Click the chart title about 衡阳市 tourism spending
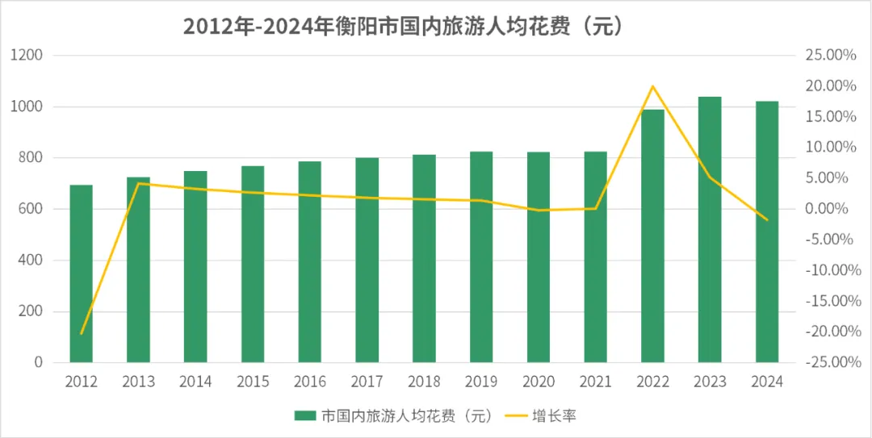pyautogui.click(x=403, y=26)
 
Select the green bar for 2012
pyautogui.click(x=81, y=274)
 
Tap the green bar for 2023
pyautogui.click(x=710, y=230)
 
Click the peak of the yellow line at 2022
pyautogui.click(x=652, y=86)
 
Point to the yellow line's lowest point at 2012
pyautogui.click(x=81, y=333)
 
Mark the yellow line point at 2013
pyautogui.click(x=138, y=183)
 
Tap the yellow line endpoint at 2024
pyautogui.click(x=767, y=219)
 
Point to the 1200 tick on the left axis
pyautogui.click(x=27, y=56)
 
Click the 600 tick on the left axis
pyautogui.click(x=30, y=210)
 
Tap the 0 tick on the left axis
pyautogui.click(x=38, y=363)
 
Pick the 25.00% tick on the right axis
pyautogui.click(x=830, y=56)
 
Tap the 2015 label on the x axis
pyautogui.click(x=253, y=382)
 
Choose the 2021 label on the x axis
pyautogui.click(x=596, y=382)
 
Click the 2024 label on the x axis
pyautogui.click(x=767, y=382)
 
